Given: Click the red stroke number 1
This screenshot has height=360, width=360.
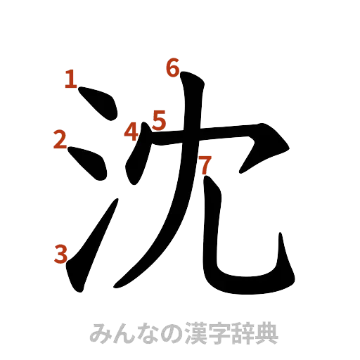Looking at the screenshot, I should coord(70,80).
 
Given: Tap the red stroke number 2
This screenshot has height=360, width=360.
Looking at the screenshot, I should coord(60,141).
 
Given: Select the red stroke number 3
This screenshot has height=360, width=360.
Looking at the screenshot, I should coord(61,252).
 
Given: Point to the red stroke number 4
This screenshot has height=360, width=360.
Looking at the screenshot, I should coord(131,131).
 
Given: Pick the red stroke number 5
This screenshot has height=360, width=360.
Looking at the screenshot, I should coord(159,120).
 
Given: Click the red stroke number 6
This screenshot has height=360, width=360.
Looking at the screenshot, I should coord(173,68).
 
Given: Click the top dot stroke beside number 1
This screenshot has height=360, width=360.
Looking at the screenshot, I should coord(99,105).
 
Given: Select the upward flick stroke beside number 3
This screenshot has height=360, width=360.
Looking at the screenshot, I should coord(88,253).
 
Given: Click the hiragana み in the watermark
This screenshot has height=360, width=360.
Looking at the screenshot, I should coord(102,331).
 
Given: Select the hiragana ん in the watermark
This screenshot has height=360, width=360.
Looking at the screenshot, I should coord(126,331).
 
